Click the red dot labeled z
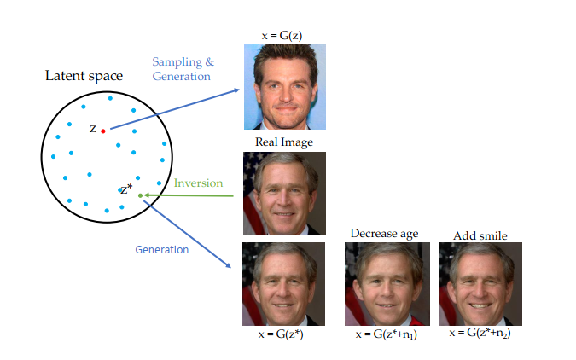103,131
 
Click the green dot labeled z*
140,195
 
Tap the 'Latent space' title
83,76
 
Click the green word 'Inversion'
198,183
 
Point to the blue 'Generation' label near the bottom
162,250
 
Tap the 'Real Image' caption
283,142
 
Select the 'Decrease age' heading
384,233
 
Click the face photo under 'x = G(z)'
283,85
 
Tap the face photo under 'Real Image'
283,193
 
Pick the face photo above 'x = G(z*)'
283,283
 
